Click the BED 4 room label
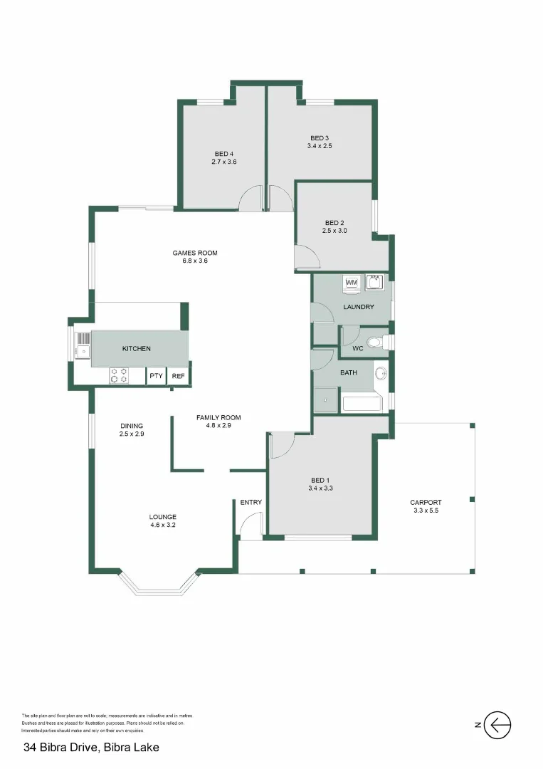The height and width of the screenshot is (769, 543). (x=224, y=154)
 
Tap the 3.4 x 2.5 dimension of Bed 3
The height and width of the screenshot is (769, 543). (x=320, y=146)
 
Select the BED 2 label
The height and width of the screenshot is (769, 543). (x=334, y=222)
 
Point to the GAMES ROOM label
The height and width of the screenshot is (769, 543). (x=194, y=253)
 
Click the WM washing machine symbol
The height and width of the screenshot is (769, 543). (x=351, y=283)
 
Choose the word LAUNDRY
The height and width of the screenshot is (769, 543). (x=358, y=307)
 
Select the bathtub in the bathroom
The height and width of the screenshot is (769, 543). (x=362, y=404)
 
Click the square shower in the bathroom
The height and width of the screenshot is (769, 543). (x=327, y=402)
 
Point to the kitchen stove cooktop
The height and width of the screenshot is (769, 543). (x=119, y=375)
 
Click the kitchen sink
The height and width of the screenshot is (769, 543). (x=83, y=344)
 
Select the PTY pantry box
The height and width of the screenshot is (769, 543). (x=156, y=376)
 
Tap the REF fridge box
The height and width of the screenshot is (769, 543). (x=178, y=376)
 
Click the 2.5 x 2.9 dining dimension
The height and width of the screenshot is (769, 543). (x=132, y=434)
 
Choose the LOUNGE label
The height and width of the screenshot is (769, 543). (x=162, y=517)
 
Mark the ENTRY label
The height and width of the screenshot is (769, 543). (x=251, y=502)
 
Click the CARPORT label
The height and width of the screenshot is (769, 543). (x=426, y=502)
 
